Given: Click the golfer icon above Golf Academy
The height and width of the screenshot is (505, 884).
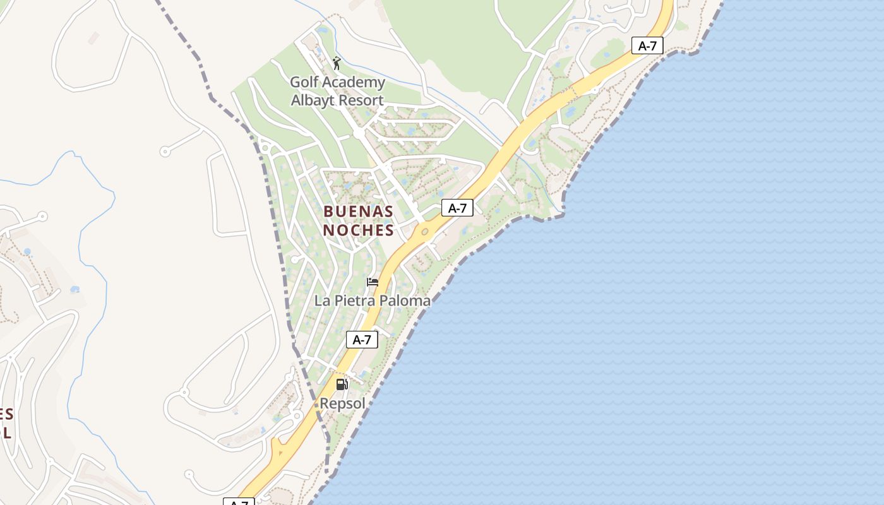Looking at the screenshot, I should point(337,63).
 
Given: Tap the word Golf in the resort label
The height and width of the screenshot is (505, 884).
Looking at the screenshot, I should point(304,82).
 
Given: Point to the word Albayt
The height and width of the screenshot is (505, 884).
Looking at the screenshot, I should point(312,100).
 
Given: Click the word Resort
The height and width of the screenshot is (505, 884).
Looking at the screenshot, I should point(361,100).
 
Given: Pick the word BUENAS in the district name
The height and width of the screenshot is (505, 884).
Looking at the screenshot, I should point(358,211).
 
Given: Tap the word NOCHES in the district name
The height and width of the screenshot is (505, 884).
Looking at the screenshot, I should point(358,230).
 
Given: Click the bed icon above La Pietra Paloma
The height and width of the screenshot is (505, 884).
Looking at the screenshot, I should point(373,282).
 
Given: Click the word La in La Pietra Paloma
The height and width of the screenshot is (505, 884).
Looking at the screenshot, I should point(322,300).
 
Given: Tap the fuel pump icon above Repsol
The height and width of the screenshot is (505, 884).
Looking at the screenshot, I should point(342,384).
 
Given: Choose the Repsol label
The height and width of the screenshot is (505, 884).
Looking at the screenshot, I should point(342,403).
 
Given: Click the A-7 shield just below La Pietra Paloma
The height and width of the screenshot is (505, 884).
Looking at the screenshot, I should point(362,340).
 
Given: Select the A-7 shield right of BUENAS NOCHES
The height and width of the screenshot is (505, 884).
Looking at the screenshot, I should point(457,208).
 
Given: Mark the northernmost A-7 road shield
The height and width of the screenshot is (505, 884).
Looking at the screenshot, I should point(647,45).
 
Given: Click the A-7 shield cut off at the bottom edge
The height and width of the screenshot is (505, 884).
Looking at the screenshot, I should point(239,502).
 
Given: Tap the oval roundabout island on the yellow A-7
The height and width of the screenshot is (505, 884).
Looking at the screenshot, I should point(425,232).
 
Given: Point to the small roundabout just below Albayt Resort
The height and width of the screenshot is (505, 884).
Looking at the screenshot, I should point(358,134).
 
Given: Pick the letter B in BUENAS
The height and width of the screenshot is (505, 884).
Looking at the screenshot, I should point(328,211).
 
